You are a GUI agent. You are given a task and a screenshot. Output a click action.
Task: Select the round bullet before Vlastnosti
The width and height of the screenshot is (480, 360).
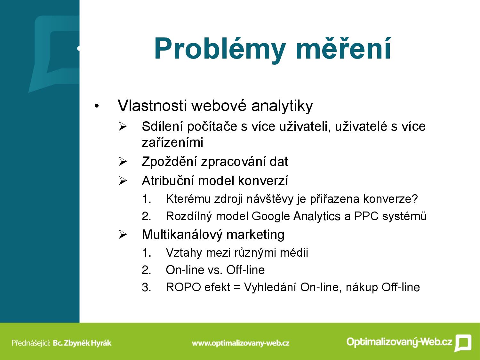coord(96,107)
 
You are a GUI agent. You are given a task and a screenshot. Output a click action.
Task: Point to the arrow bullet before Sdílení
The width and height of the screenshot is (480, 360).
coord(123,126)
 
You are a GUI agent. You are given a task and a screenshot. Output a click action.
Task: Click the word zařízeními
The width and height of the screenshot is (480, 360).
coord(172,142)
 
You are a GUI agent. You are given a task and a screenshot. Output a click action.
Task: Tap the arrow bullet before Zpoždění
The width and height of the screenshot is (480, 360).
coord(123,162)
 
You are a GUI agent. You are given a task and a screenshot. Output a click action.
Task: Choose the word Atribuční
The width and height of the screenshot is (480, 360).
coord(168,181)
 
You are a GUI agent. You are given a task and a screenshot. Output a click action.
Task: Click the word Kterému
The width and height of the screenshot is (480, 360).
coord(188,199)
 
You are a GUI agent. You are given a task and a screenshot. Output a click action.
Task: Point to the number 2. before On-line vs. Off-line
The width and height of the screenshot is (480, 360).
coord(146,270)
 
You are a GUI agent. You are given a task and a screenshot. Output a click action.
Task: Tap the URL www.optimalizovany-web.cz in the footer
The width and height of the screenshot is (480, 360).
coord(241,343)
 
